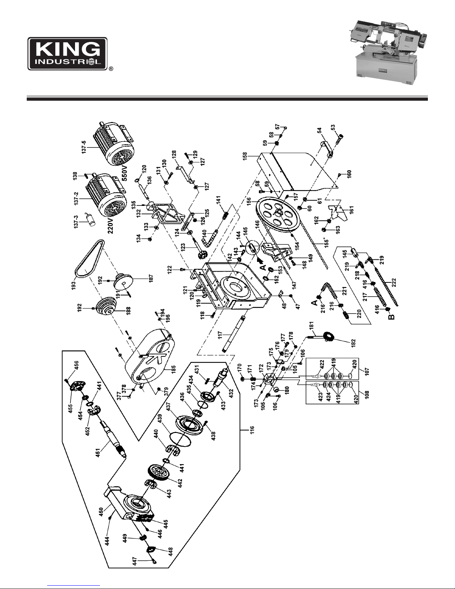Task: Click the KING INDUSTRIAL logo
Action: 68,54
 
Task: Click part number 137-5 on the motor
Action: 84,147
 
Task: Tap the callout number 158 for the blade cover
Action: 244,157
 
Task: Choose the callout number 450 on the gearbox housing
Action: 101,511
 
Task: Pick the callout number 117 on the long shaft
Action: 220,335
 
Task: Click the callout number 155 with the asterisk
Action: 326,242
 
